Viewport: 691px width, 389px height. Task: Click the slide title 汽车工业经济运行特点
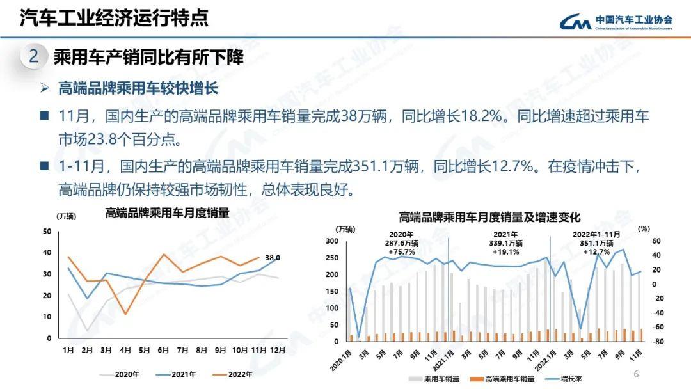(114, 18)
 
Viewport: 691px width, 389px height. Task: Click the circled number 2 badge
(34, 57)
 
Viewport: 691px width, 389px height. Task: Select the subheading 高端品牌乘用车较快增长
(138, 88)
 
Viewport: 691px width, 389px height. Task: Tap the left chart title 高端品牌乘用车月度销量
(167, 213)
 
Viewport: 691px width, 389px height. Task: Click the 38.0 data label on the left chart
(273, 258)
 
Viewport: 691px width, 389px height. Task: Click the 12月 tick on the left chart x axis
(277, 350)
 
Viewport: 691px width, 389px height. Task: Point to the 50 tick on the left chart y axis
(47, 232)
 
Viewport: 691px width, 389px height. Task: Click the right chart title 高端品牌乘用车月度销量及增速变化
(489, 218)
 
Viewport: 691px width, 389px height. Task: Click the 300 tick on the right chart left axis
(331, 241)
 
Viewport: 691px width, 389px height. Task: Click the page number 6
(636, 374)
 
